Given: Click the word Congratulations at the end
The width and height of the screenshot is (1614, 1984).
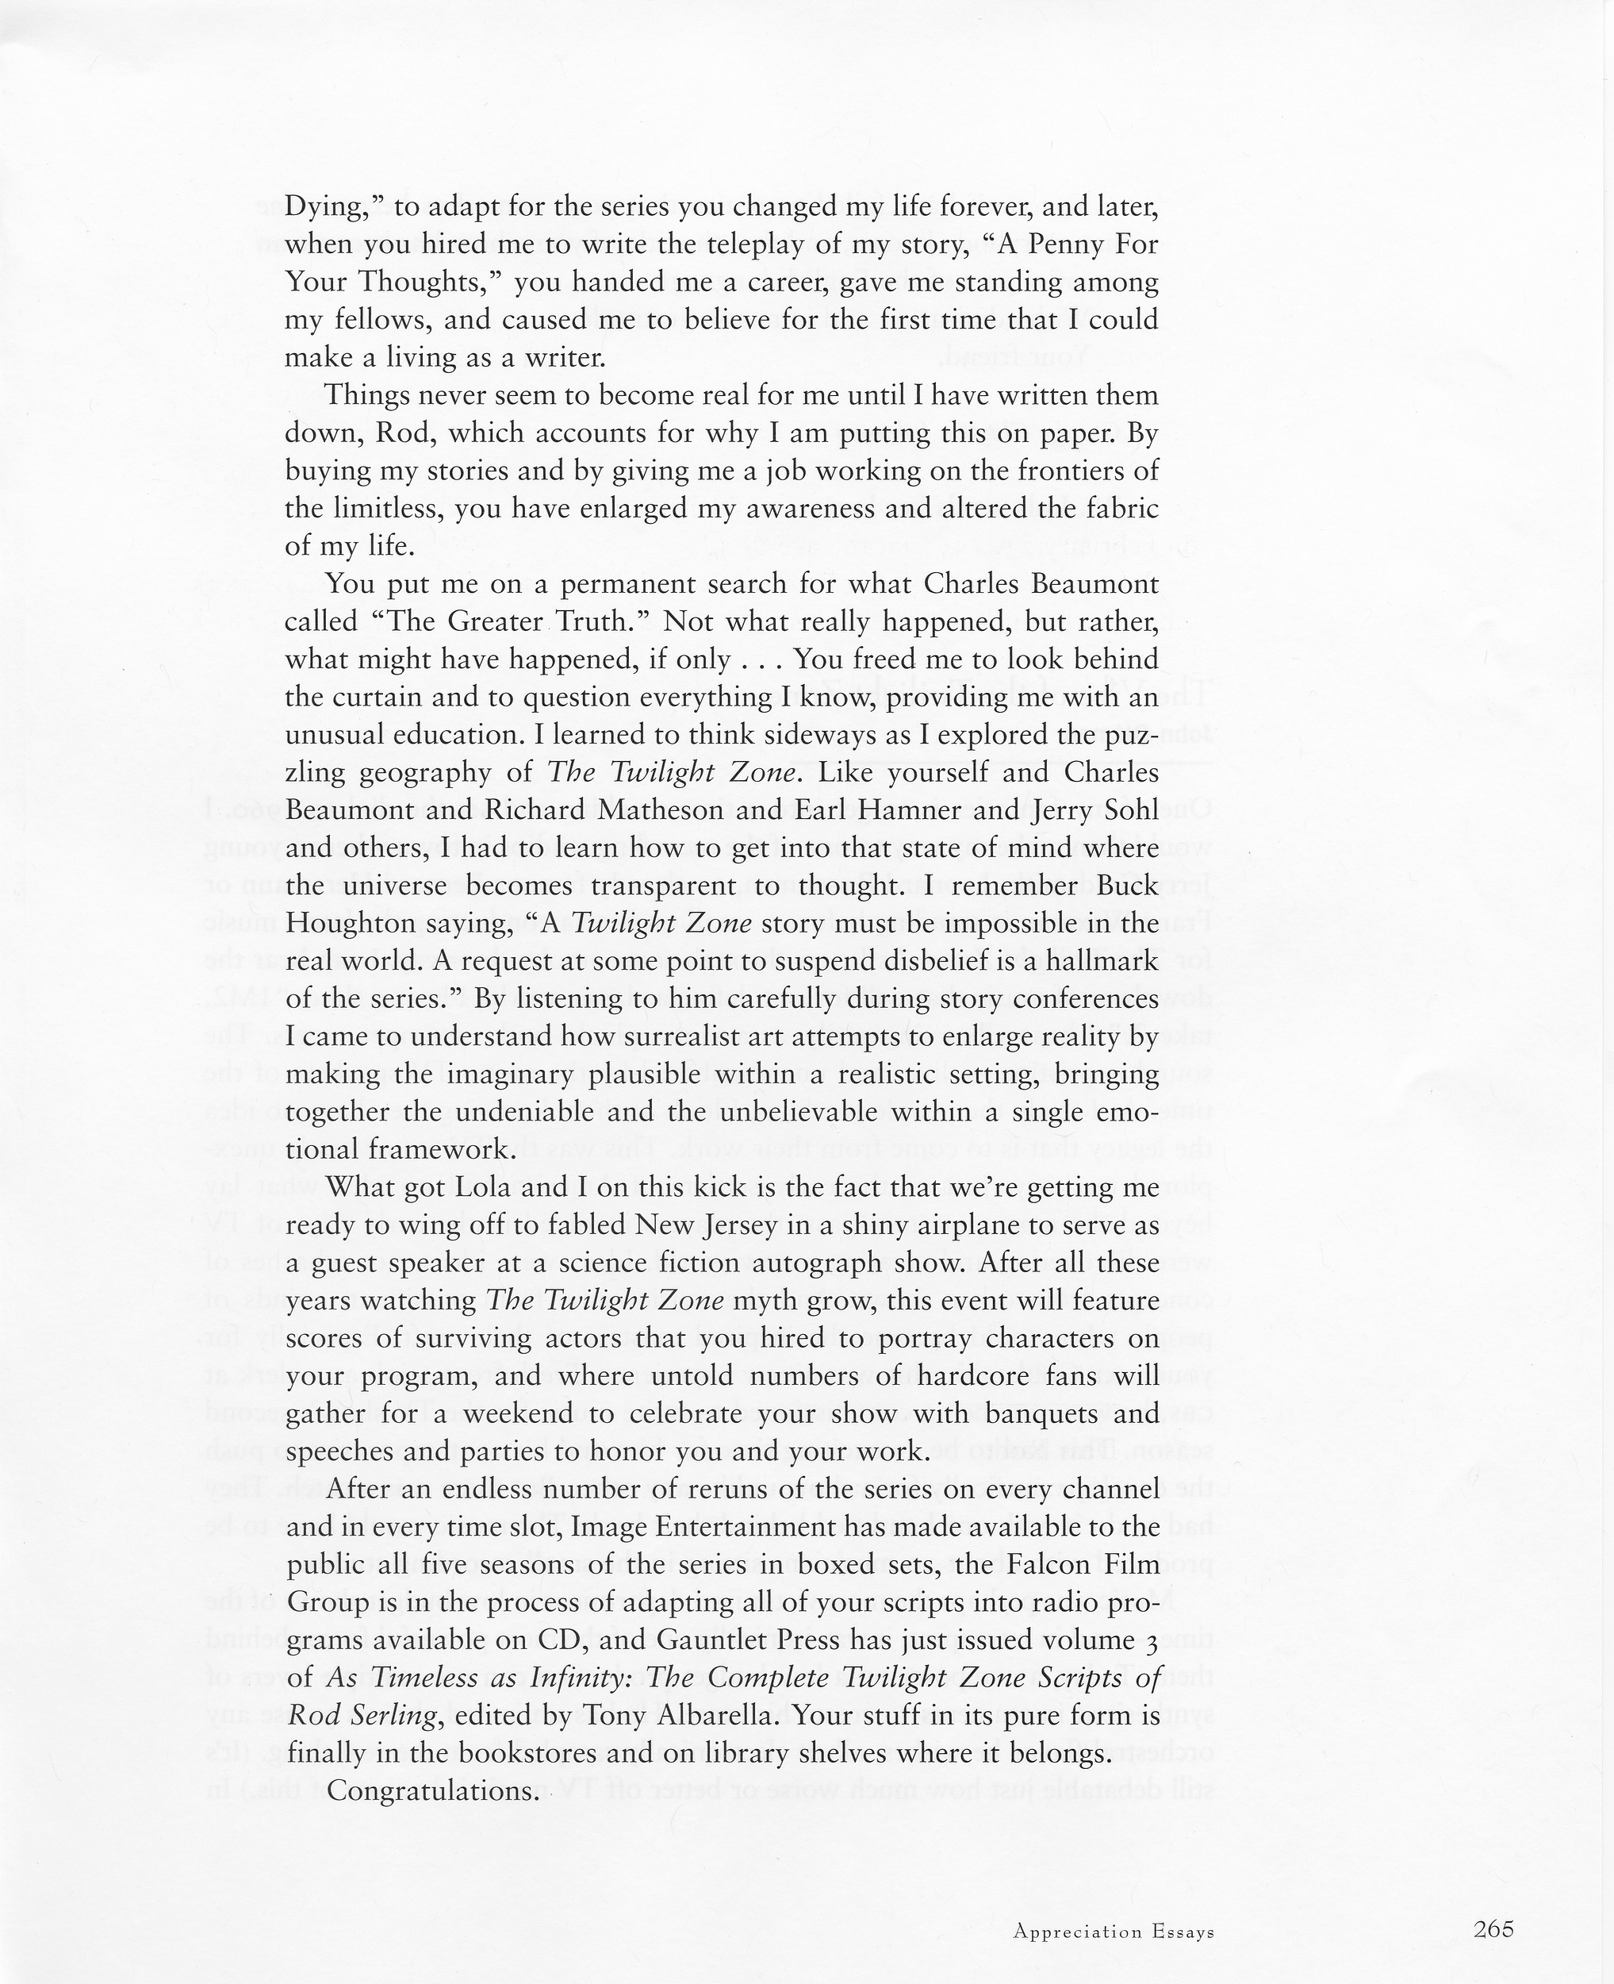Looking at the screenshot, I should (433, 1790).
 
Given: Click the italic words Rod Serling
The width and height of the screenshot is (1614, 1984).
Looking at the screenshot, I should (355, 1715).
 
